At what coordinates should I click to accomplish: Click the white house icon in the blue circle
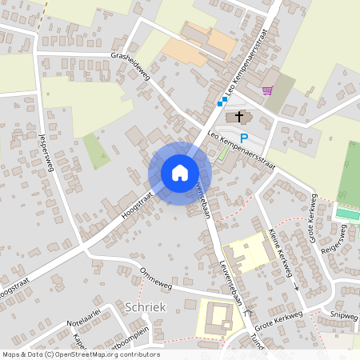point(180,173)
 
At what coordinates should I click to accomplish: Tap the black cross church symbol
point(238,118)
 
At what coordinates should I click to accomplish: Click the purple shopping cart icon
point(266,90)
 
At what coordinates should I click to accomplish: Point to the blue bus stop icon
point(221,102)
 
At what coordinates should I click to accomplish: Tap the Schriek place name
point(145,306)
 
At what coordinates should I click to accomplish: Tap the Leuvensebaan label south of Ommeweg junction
point(230,288)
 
